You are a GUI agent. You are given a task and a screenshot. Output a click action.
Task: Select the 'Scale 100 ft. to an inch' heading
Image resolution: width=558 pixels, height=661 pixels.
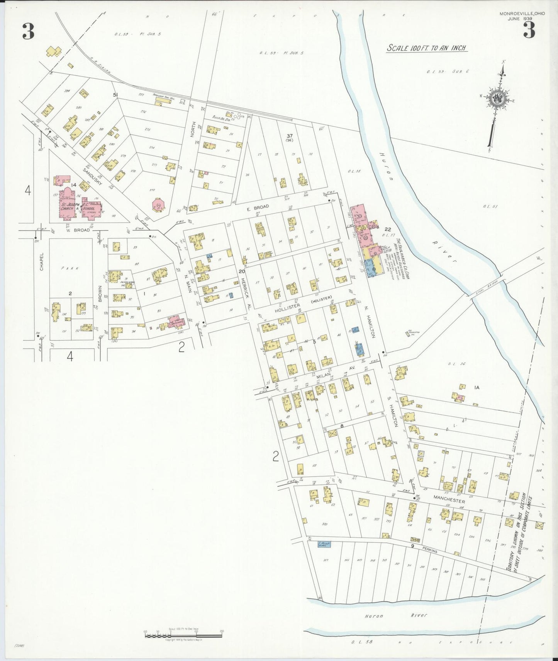pyautogui.click(x=427, y=48)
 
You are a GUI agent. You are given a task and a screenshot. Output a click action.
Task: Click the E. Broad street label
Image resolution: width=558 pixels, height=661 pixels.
pyautogui.click(x=261, y=207)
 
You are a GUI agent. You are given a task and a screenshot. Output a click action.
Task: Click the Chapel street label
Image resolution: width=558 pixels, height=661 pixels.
pyautogui.click(x=42, y=262)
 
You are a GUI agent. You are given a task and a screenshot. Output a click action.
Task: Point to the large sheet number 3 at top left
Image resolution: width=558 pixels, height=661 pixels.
pyautogui.click(x=28, y=32)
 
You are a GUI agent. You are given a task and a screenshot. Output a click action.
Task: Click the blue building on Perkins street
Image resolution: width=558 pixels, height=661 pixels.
pyautogui.click(x=324, y=544)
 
